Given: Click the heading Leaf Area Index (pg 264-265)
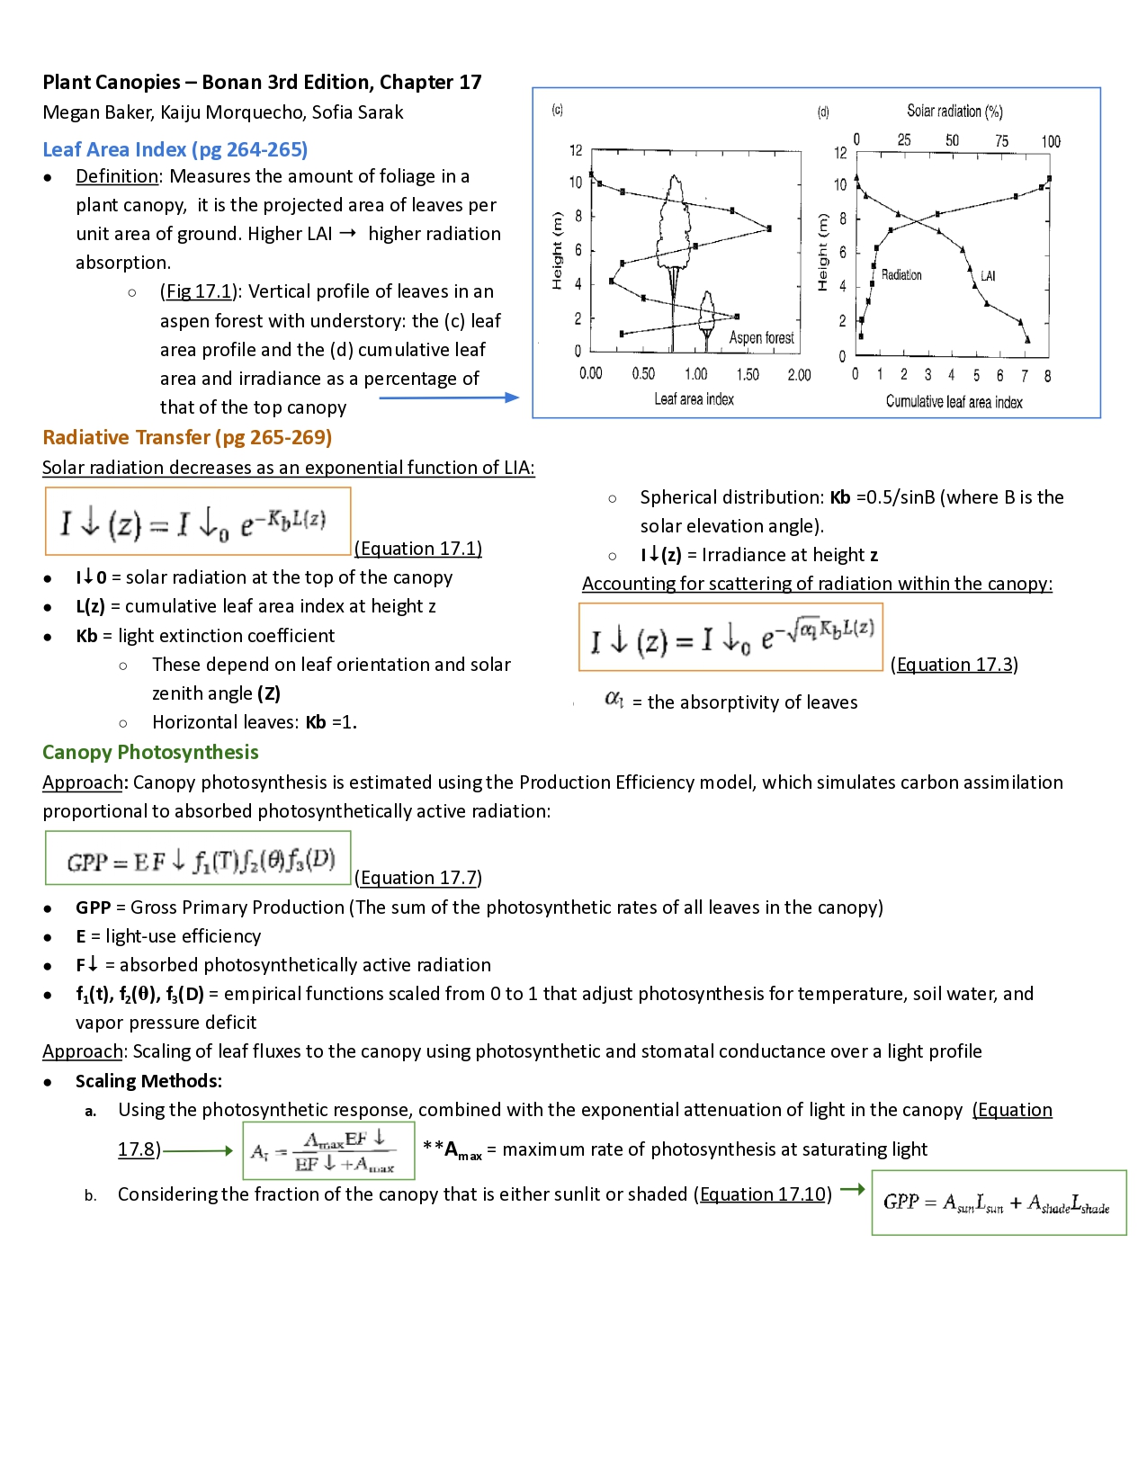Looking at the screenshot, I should pos(175,149).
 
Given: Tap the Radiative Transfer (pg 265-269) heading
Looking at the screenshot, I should pos(187,437).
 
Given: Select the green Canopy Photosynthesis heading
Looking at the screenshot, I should pos(150,752).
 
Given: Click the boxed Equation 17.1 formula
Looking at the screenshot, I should pos(198,522).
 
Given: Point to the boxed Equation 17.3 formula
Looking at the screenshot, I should pos(730,637).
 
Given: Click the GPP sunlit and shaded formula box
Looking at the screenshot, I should pos(999,1202).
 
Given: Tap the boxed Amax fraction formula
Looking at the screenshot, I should pos(328,1150).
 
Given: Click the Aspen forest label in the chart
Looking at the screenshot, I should pos(761,337).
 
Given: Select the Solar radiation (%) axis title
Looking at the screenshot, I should pos(954,111).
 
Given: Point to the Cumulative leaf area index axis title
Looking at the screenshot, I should pos(954,401).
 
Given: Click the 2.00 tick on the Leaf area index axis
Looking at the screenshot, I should pos(799,374).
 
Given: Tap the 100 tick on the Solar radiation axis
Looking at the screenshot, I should pos(1051,141).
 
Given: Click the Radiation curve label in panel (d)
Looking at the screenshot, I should pos(901,274).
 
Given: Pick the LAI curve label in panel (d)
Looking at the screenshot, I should pos(988,275).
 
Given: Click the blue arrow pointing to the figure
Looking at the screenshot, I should pos(450,398).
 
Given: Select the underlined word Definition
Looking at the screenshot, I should pos(117,176).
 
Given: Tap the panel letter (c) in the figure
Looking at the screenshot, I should pos(557,110).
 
